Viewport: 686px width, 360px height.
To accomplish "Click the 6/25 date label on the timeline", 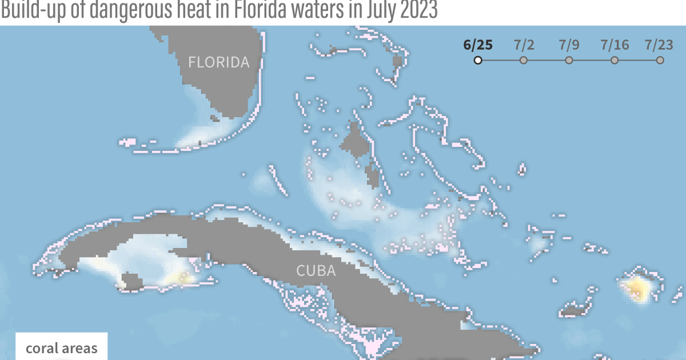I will [x=478, y=45].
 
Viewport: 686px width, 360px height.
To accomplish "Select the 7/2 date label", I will [x=524, y=45].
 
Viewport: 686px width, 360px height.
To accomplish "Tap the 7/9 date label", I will [x=569, y=45].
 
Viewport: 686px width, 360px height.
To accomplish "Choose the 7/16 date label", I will [x=615, y=45].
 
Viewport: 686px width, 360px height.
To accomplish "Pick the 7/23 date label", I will [x=660, y=45].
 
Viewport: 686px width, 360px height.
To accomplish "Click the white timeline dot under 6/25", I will [x=478, y=60].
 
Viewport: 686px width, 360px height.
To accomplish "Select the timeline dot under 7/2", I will [x=524, y=60].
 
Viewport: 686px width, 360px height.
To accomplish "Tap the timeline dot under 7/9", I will [x=569, y=60].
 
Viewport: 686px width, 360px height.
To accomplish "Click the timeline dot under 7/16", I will [x=615, y=60].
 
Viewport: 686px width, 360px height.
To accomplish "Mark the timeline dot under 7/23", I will [x=660, y=60].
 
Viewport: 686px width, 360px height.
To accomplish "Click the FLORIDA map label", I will [x=219, y=62].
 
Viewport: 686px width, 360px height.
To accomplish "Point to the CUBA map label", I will [x=316, y=271].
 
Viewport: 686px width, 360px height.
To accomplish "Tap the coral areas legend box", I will [x=61, y=347].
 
